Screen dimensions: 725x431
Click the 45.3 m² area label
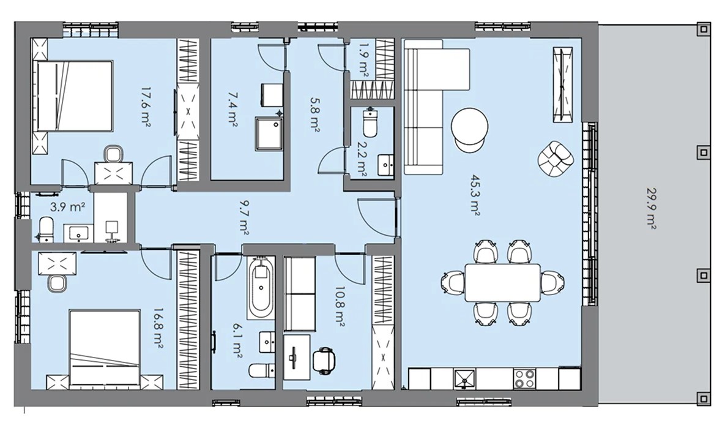(x=474, y=195)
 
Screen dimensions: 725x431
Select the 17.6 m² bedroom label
(x=147, y=107)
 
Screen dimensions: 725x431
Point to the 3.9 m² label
(x=67, y=207)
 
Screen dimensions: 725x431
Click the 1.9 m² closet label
(x=363, y=59)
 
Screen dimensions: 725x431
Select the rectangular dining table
(x=502, y=282)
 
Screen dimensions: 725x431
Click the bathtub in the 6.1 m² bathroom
(x=260, y=289)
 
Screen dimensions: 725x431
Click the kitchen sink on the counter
(x=464, y=378)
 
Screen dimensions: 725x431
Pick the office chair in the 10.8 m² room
(x=324, y=360)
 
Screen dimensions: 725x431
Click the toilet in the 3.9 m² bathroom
(x=46, y=229)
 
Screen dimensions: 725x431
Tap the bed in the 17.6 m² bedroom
(x=75, y=96)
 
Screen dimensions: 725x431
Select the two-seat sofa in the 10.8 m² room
(x=299, y=294)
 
